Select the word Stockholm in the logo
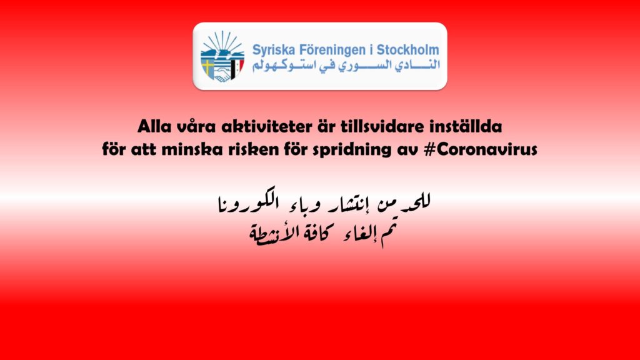click(x=407, y=50)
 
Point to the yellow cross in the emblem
click(x=209, y=67)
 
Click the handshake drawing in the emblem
click(x=222, y=76)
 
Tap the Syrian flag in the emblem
click(x=237, y=67)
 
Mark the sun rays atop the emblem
click(x=222, y=40)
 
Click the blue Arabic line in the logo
click(x=346, y=65)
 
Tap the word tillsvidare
click(x=382, y=126)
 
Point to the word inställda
click(x=465, y=126)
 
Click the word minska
click(x=191, y=149)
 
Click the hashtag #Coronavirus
click(x=481, y=149)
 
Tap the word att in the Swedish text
click(x=143, y=150)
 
